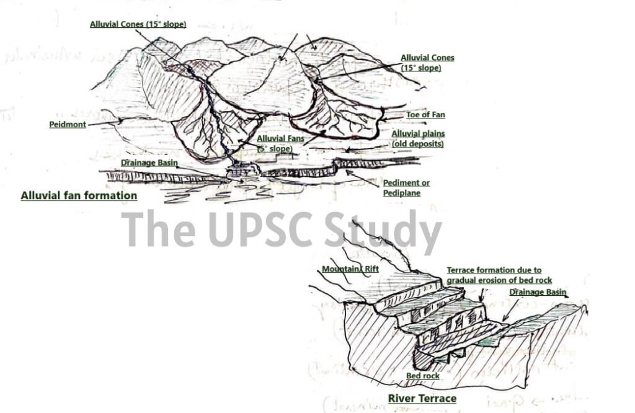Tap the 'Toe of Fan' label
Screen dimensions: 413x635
(425, 115)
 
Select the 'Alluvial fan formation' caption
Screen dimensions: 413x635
(79, 196)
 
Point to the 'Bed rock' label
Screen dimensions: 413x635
(423, 376)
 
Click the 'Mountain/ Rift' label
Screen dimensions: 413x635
(349, 269)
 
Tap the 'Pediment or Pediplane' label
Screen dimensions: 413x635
(406, 188)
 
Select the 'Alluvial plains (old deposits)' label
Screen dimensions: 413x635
(418, 139)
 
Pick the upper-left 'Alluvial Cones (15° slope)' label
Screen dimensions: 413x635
(138, 24)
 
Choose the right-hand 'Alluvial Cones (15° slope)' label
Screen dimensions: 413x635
(427, 63)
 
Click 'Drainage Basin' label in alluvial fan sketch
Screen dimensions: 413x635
(149, 163)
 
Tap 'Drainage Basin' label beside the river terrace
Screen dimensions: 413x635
(538, 292)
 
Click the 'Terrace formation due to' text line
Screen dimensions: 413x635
(494, 270)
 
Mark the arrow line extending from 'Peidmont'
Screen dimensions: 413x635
(102, 123)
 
